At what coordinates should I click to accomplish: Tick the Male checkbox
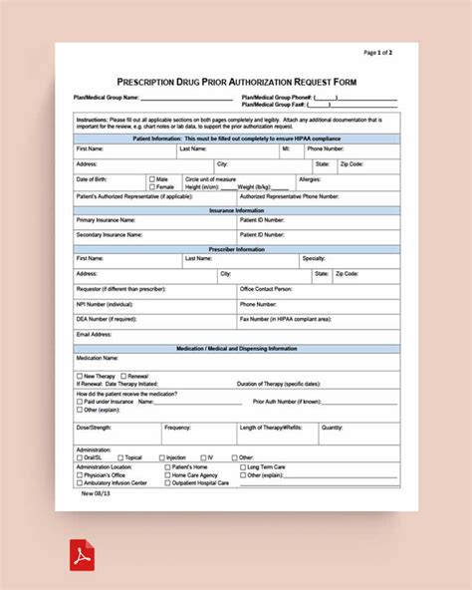coord(151,178)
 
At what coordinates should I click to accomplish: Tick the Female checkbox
coord(151,186)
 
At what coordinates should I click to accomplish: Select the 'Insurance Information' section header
coord(236,210)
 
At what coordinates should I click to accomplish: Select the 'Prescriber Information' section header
coord(236,248)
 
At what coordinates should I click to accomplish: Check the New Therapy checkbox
coord(80,376)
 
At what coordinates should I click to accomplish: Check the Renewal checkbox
coord(122,376)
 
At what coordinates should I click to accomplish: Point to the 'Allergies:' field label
coord(310,179)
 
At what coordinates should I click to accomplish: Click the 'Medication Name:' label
coord(98,357)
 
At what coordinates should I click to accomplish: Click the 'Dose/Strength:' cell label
coord(95,428)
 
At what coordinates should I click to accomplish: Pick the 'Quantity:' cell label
coord(332,428)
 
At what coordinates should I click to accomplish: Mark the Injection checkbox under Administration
coord(162,457)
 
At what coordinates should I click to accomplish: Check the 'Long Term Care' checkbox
coord(242,466)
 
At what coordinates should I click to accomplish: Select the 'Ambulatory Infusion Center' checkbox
coord(80,482)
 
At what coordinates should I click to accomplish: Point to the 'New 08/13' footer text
coord(89,491)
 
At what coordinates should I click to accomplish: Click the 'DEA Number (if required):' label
coord(106,319)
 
